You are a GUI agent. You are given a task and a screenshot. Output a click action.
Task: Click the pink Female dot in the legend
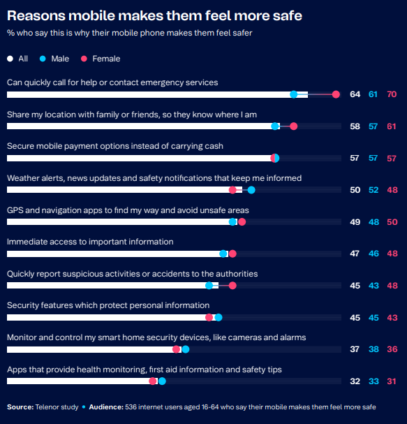click(84, 59)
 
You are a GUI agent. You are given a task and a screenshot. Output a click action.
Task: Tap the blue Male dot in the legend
click(43, 59)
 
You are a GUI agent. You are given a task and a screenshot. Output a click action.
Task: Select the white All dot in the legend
click(10, 59)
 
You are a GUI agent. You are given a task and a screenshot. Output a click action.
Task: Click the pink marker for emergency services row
click(336, 94)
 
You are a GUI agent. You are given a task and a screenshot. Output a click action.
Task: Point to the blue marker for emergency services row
click(294, 94)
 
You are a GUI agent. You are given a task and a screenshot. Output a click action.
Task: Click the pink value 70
click(392, 94)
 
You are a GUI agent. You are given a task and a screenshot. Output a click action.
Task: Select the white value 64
click(355, 94)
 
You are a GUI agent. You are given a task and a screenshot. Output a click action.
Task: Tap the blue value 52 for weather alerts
click(373, 190)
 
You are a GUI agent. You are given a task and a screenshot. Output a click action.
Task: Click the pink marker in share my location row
click(293, 126)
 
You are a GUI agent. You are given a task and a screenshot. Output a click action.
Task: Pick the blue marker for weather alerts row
click(251, 190)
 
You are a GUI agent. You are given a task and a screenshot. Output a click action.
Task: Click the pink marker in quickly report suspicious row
click(232, 286)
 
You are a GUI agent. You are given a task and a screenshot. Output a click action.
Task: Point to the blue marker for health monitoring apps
click(162, 381)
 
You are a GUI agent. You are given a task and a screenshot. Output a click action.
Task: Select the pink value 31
click(392, 381)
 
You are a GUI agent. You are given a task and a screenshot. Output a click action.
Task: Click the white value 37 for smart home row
click(355, 349)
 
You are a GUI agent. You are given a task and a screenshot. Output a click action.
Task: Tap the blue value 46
click(373, 254)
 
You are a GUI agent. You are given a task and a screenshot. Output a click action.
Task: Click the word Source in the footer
click(20, 407)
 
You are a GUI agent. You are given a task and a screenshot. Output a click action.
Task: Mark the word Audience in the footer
click(106, 407)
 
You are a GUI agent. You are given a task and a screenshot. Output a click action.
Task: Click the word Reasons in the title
click(36, 15)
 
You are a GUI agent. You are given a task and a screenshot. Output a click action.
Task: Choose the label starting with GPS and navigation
click(128, 210)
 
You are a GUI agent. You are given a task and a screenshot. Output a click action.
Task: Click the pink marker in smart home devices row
click(176, 349)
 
